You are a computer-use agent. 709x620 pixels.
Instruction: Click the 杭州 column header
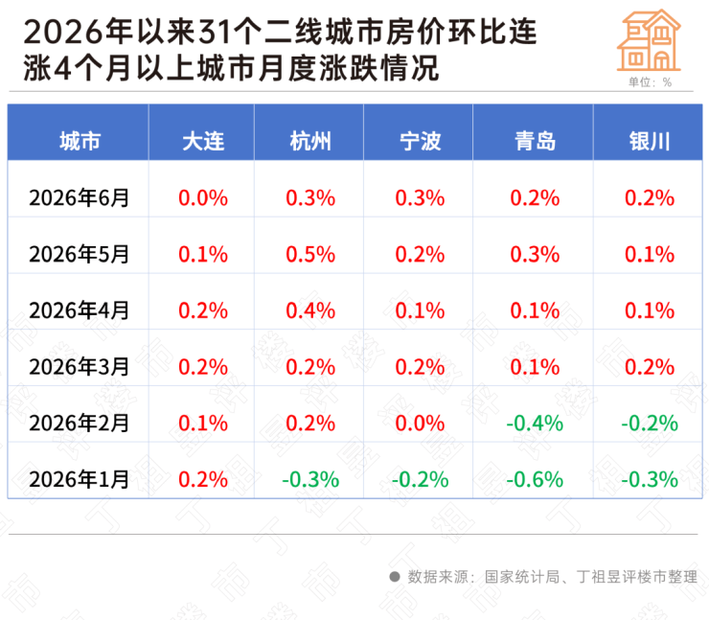310,141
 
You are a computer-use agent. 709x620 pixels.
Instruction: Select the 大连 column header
203,141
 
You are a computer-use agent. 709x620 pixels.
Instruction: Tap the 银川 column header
650,141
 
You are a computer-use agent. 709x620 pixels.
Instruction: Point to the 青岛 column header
535,141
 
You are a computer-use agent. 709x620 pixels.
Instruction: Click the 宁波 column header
420,141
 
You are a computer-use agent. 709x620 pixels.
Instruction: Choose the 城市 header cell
80,141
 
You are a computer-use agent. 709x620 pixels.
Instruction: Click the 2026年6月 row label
80,197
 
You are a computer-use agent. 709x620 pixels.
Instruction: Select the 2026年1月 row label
80,479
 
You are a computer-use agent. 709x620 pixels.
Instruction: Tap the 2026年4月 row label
80,310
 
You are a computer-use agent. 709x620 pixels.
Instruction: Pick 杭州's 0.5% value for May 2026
310,254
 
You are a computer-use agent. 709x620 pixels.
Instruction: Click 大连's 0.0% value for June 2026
203,198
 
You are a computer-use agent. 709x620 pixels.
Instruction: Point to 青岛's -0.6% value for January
535,479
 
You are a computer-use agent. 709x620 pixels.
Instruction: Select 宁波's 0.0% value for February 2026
420,424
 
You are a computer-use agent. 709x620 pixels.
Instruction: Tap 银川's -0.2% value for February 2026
650,424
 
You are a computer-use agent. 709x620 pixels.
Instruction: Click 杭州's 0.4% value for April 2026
310,310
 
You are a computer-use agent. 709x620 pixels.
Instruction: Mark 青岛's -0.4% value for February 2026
535,424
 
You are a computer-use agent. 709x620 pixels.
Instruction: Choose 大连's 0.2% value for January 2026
203,479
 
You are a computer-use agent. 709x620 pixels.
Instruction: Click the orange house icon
649,40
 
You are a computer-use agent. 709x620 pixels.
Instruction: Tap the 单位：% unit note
650,81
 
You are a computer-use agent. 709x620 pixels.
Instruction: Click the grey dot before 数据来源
395,577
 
